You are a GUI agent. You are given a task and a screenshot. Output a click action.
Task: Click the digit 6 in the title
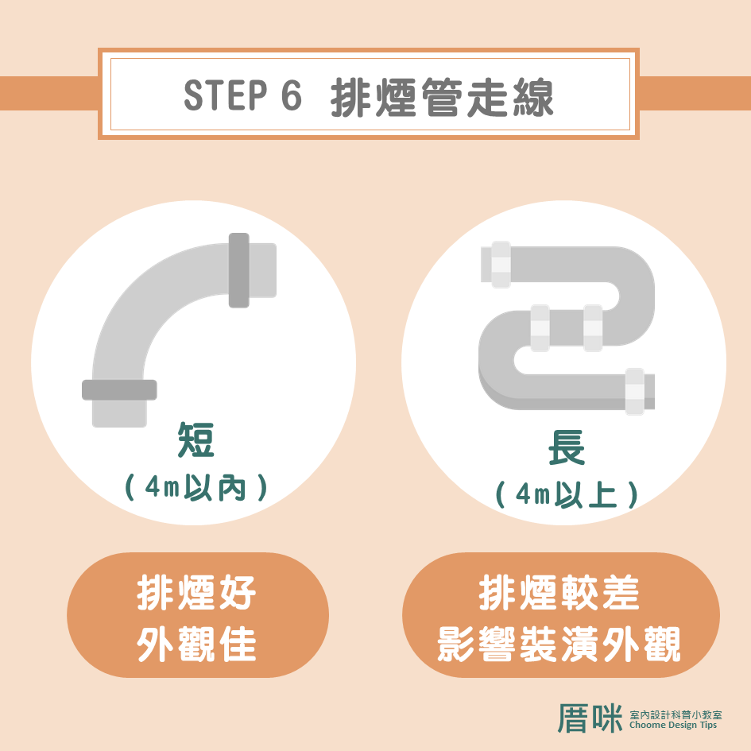[292, 95]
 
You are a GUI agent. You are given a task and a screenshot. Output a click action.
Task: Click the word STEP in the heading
[225, 95]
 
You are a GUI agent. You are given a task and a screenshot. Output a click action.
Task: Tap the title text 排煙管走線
[442, 97]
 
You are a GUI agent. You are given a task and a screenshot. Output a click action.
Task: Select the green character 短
[195, 439]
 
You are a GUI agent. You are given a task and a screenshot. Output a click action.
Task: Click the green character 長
[567, 447]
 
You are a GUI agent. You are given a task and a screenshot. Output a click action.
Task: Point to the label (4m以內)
[195, 488]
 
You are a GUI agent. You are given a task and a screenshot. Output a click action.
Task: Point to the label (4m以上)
[567, 494]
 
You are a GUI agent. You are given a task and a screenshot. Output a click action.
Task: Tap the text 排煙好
[196, 593]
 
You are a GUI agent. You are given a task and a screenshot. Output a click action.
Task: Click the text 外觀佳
[196, 645]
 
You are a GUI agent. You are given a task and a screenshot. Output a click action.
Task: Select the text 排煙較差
[559, 593]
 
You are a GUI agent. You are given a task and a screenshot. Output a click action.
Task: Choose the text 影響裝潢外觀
[559, 645]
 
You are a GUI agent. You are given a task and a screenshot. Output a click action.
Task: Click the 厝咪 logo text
[590, 718]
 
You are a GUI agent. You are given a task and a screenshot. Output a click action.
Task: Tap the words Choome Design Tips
[673, 725]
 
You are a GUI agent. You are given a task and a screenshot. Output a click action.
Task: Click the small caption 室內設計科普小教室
[676, 714]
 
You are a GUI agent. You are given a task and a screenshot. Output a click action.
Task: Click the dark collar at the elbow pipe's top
[239, 270]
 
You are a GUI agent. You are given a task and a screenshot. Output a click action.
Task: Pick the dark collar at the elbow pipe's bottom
[119, 390]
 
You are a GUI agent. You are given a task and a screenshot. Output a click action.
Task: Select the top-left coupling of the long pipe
[501, 265]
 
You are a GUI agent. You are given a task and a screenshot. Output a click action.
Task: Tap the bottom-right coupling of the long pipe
[635, 391]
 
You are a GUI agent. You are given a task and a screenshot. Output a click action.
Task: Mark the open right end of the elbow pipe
[263, 270]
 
